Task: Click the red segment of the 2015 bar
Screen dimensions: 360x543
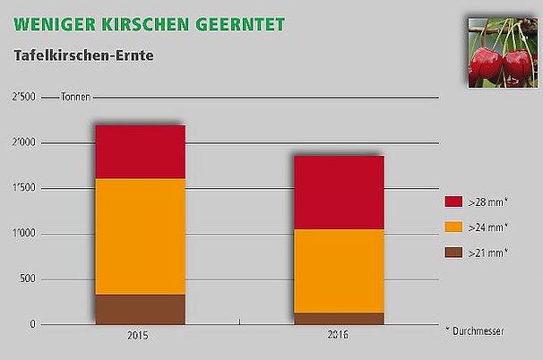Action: pos(140,152)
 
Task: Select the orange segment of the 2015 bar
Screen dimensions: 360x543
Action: pos(140,236)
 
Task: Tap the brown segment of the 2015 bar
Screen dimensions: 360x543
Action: pos(140,309)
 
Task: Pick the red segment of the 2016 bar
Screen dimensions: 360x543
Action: pos(339,193)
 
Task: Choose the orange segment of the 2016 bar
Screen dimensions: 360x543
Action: pos(339,270)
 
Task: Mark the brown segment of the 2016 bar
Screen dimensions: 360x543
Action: pos(339,318)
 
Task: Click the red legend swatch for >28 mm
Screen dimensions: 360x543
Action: pos(453,201)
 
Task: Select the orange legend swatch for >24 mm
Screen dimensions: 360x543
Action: pos(453,227)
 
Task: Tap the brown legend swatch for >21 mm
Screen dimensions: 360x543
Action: pos(453,253)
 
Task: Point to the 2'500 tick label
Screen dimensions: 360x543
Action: pos(24,97)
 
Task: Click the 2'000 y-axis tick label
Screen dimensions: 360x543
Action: pos(24,143)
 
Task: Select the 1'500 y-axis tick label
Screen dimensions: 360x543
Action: pos(24,188)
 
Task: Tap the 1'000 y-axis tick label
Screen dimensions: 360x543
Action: pos(24,234)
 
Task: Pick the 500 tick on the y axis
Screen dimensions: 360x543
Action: pos(28,279)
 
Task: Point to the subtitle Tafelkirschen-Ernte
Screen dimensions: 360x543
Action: pos(83,56)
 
